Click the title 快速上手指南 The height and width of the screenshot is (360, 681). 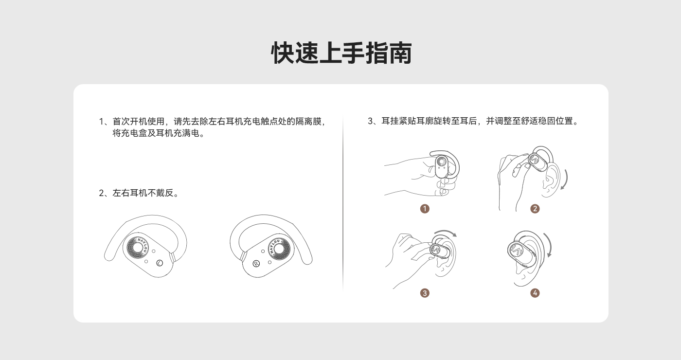point(341,53)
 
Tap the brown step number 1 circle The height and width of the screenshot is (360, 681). point(425,209)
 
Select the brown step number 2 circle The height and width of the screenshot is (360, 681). point(535,209)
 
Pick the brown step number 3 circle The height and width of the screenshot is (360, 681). point(425,293)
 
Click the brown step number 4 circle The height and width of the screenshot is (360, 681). point(535,293)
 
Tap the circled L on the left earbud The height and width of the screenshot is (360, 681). point(160,263)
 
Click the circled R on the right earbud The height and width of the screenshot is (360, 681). point(256,264)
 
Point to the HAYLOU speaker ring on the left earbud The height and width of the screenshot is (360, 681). point(137,248)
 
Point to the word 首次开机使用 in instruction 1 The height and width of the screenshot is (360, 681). point(139,121)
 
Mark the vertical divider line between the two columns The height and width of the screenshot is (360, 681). point(343,203)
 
